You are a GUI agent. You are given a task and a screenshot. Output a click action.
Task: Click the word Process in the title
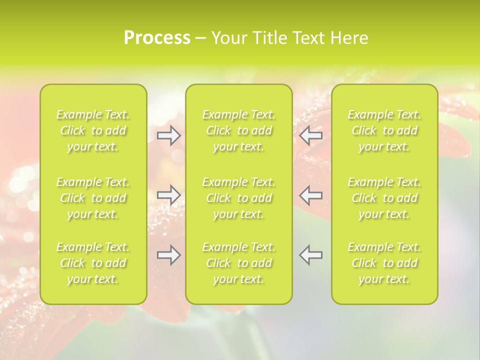[157, 38]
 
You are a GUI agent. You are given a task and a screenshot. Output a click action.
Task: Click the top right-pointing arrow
[169, 135]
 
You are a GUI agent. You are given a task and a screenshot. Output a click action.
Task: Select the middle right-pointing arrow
[169, 194]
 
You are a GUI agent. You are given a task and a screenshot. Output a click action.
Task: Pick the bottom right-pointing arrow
[169, 254]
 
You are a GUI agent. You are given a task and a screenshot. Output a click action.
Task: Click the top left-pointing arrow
[311, 135]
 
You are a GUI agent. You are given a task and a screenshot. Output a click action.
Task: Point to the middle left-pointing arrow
[311, 194]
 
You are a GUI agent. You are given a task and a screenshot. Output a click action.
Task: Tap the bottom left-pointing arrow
[311, 254]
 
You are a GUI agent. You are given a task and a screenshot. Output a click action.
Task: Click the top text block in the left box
[93, 130]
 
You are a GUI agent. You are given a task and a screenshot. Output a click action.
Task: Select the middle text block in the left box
[93, 198]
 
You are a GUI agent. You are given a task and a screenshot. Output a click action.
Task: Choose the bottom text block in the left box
[93, 263]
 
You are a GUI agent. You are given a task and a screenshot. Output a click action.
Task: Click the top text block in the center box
[239, 130]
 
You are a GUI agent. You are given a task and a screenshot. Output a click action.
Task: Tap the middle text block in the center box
[239, 198]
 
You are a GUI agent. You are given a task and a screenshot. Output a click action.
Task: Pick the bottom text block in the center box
[239, 263]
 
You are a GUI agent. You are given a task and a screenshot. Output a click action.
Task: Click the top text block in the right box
[384, 130]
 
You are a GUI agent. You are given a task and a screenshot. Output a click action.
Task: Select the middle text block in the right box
[384, 198]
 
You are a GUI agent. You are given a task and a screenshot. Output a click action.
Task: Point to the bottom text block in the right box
[384, 263]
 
